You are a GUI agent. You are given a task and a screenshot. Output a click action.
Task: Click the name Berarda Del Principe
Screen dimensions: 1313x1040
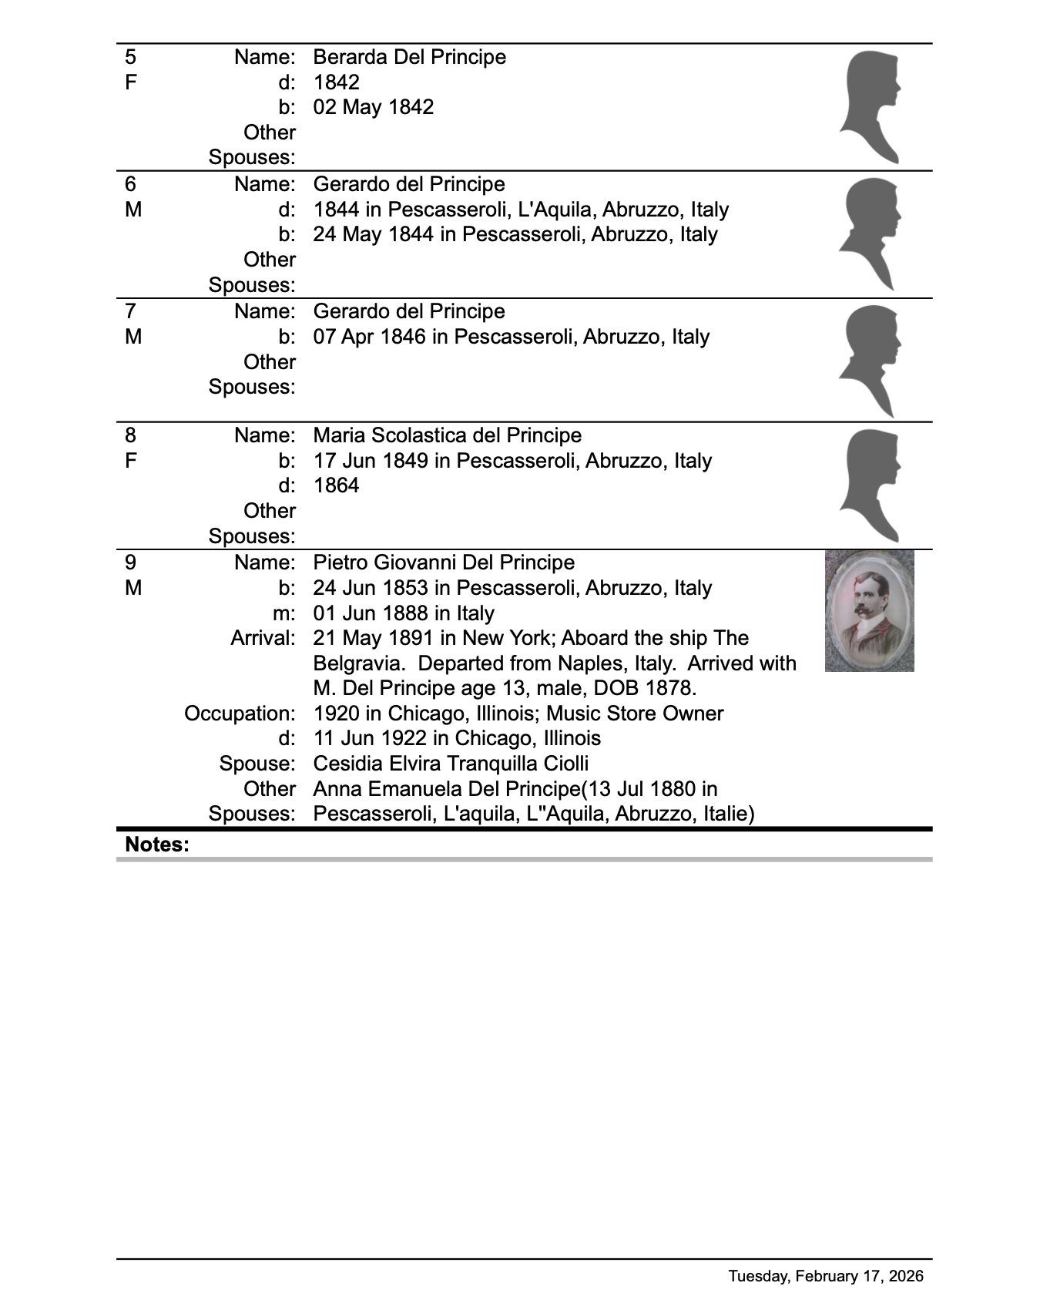(x=409, y=57)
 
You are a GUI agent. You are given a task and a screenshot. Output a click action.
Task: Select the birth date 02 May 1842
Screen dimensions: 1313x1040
(x=373, y=107)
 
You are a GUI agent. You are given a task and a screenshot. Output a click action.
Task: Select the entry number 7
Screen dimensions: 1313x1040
(x=130, y=311)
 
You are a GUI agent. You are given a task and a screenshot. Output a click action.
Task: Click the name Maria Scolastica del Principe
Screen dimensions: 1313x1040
(x=447, y=435)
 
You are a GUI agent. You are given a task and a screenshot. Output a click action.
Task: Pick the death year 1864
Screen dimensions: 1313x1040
(x=336, y=485)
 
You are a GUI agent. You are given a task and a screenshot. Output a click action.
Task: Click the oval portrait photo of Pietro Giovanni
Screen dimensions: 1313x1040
(x=869, y=610)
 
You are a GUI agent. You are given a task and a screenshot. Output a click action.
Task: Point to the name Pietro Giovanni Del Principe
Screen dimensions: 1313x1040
(x=444, y=562)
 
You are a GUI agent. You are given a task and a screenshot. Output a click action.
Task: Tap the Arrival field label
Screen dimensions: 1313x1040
(x=263, y=638)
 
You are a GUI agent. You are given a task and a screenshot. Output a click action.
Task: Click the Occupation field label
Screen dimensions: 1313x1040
(x=240, y=714)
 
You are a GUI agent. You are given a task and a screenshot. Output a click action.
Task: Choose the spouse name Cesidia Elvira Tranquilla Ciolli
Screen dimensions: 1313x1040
(x=451, y=764)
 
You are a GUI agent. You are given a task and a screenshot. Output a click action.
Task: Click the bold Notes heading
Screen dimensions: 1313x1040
(x=156, y=845)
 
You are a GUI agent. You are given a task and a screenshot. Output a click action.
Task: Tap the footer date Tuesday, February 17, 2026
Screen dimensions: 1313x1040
(x=826, y=1276)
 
